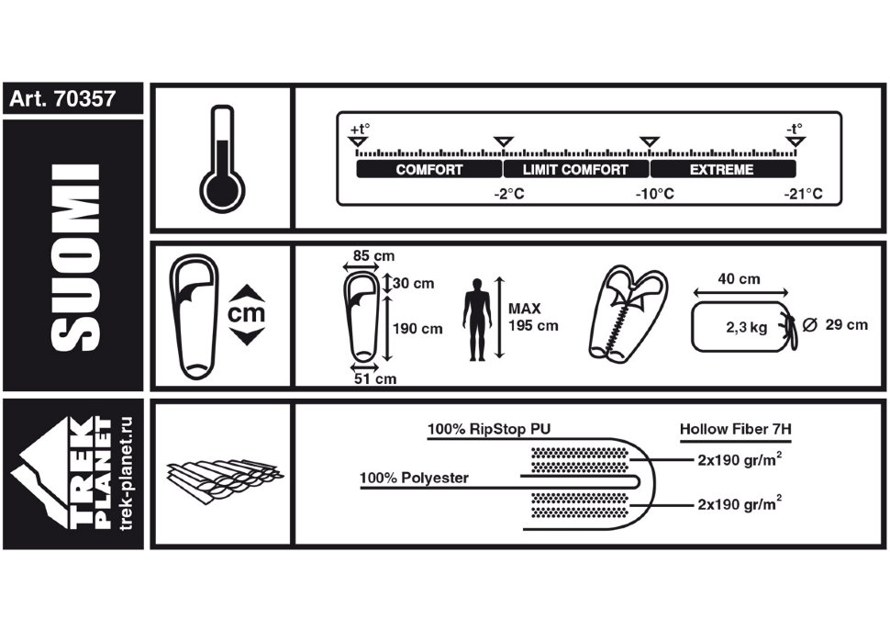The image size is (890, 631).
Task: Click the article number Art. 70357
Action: pyautogui.click(x=62, y=99)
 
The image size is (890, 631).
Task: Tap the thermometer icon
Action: pyautogui.click(x=222, y=159)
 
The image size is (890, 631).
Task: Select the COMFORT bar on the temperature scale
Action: pyautogui.click(x=429, y=169)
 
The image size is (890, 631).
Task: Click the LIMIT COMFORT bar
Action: pyautogui.click(x=575, y=169)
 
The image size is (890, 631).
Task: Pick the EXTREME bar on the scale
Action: pyautogui.click(x=722, y=169)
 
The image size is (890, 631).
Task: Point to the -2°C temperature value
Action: pyautogui.click(x=509, y=194)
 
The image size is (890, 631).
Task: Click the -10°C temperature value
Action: pyautogui.click(x=654, y=194)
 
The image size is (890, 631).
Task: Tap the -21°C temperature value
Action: pyautogui.click(x=803, y=194)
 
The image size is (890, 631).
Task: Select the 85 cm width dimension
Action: pyautogui.click(x=373, y=255)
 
